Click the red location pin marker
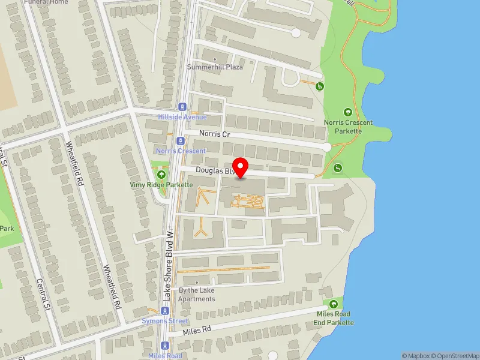coord(241,167)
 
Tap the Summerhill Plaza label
coord(215,67)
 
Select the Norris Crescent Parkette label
coord(348,127)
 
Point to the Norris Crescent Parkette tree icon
coord(348,112)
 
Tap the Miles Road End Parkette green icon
coord(333,305)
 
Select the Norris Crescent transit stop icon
coord(181,140)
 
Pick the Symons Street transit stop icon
coord(165,311)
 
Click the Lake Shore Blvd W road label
coord(170,258)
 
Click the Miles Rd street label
coord(198,331)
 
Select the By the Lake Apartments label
coord(197,295)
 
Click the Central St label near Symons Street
coord(42,294)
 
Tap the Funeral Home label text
coord(46,2)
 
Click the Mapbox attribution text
coord(416,356)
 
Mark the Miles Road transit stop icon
coord(165,346)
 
